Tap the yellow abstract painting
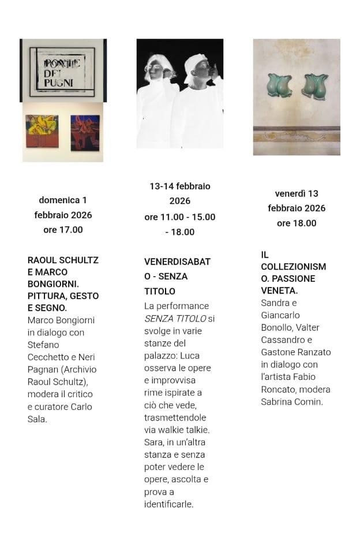click(x=42, y=132)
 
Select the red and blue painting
click(x=85, y=132)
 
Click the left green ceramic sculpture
click(x=279, y=85)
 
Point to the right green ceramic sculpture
click(x=314, y=85)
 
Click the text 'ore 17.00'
click(x=63, y=230)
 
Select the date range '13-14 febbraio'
click(x=179, y=187)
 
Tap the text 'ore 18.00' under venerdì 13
click(x=297, y=223)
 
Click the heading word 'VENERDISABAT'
click(x=177, y=262)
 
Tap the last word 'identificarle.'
click(x=168, y=504)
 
